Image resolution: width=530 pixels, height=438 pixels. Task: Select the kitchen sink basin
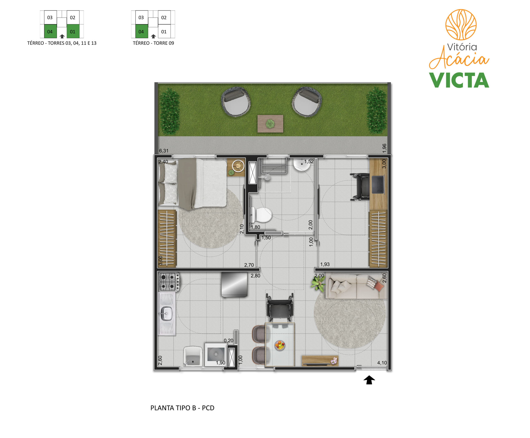click(166, 314)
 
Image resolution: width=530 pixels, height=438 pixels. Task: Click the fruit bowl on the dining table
click(280, 345)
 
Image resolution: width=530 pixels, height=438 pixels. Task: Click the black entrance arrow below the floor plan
click(369, 380)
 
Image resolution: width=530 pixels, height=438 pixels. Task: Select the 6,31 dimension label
click(164, 151)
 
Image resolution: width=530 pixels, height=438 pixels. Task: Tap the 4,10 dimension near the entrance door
click(382, 363)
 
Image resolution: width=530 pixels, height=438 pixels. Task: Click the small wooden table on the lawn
click(270, 124)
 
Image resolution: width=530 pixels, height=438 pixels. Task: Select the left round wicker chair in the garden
click(236, 102)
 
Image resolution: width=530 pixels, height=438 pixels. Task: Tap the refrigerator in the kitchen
click(234, 285)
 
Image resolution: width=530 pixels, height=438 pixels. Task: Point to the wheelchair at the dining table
click(280, 307)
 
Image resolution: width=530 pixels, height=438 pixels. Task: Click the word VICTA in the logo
click(459, 80)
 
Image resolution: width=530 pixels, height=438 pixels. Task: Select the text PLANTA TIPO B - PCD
click(182, 408)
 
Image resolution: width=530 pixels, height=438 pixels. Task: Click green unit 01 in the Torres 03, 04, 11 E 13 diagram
click(73, 31)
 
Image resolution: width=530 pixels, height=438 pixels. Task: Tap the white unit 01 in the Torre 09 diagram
click(164, 31)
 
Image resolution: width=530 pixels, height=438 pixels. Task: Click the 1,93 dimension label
click(325, 264)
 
